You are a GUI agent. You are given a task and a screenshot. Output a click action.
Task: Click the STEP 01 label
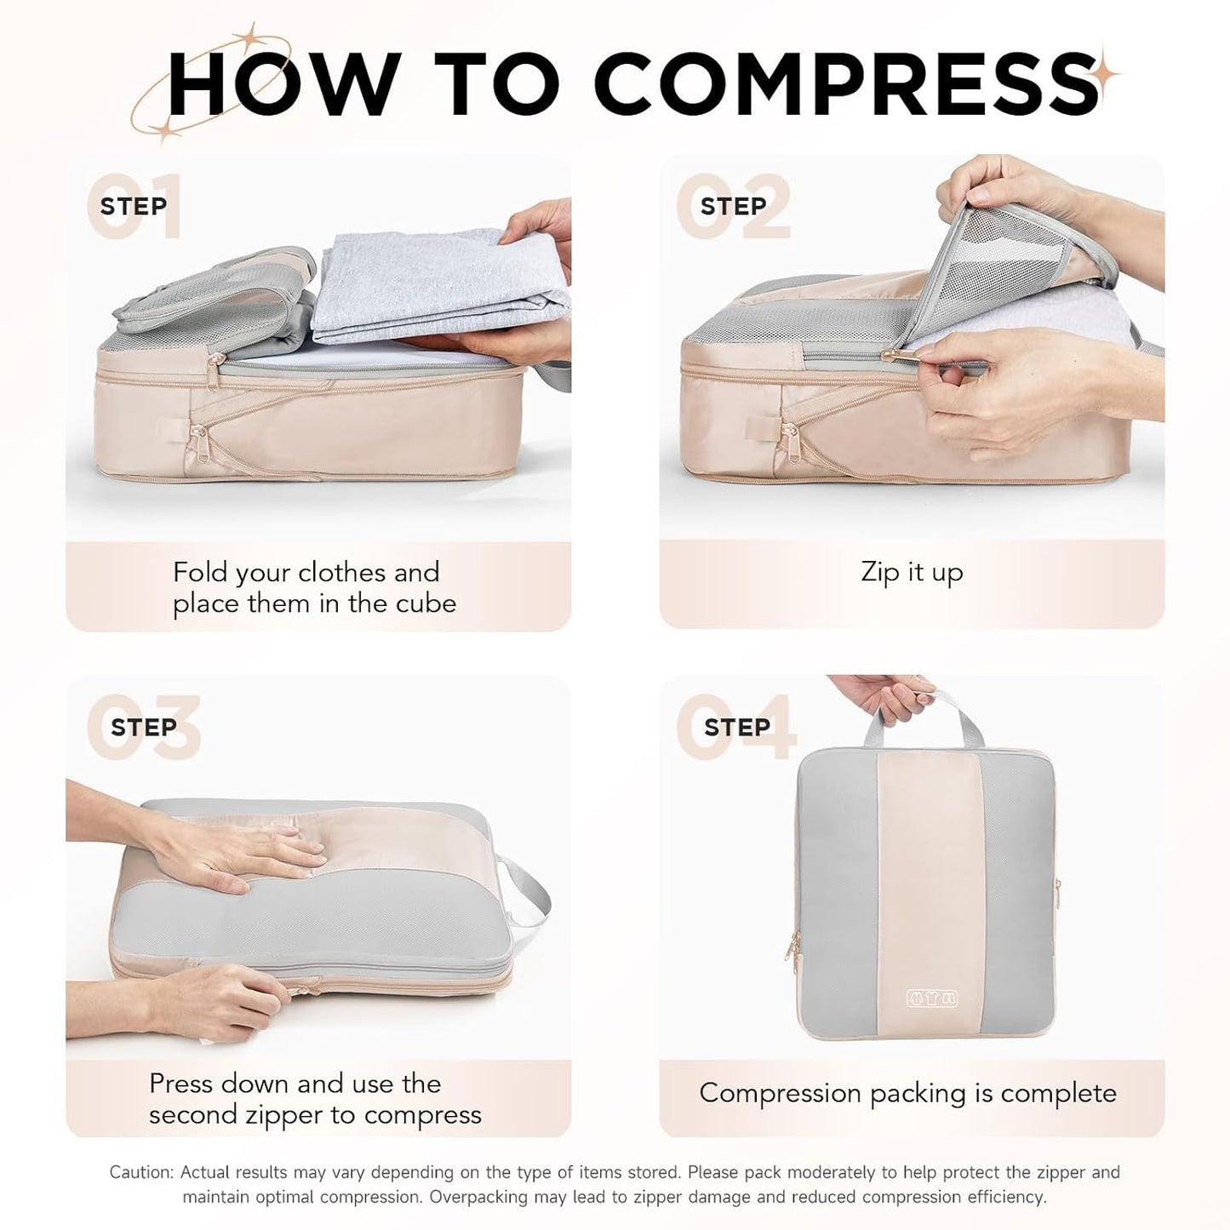point(134,206)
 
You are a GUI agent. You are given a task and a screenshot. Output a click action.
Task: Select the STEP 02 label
point(733,206)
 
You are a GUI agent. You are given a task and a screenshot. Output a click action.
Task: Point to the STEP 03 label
point(143,727)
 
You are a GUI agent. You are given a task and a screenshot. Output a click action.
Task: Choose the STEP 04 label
point(736,727)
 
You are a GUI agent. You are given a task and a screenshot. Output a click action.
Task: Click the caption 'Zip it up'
point(912,572)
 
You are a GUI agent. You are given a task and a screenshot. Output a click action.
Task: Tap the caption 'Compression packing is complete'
point(907,1093)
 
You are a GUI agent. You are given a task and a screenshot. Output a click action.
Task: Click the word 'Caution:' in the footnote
point(142,1173)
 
